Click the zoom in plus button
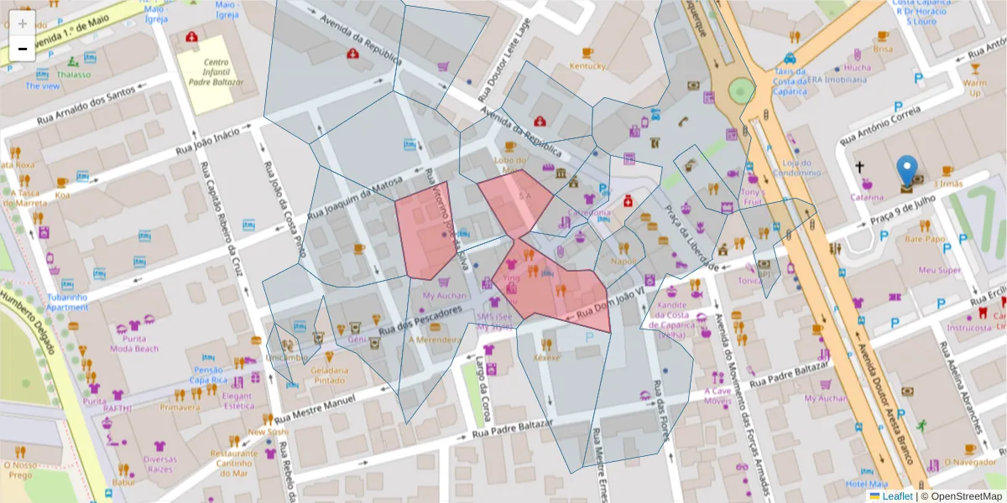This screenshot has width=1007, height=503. pos(23,23)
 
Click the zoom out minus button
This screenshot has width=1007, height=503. pos(23,49)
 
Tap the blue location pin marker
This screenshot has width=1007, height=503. pos(906,171)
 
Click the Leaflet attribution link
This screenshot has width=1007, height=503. pos(897,496)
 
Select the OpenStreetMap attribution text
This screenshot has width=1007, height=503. pos(962,496)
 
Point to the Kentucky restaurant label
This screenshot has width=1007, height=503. pos(587,65)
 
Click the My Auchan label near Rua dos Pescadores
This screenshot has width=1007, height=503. pos(444,296)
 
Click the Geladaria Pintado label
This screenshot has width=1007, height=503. pos(329,375)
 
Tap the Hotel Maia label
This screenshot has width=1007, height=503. pos(867,484)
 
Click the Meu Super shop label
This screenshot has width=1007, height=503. pos(939,270)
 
